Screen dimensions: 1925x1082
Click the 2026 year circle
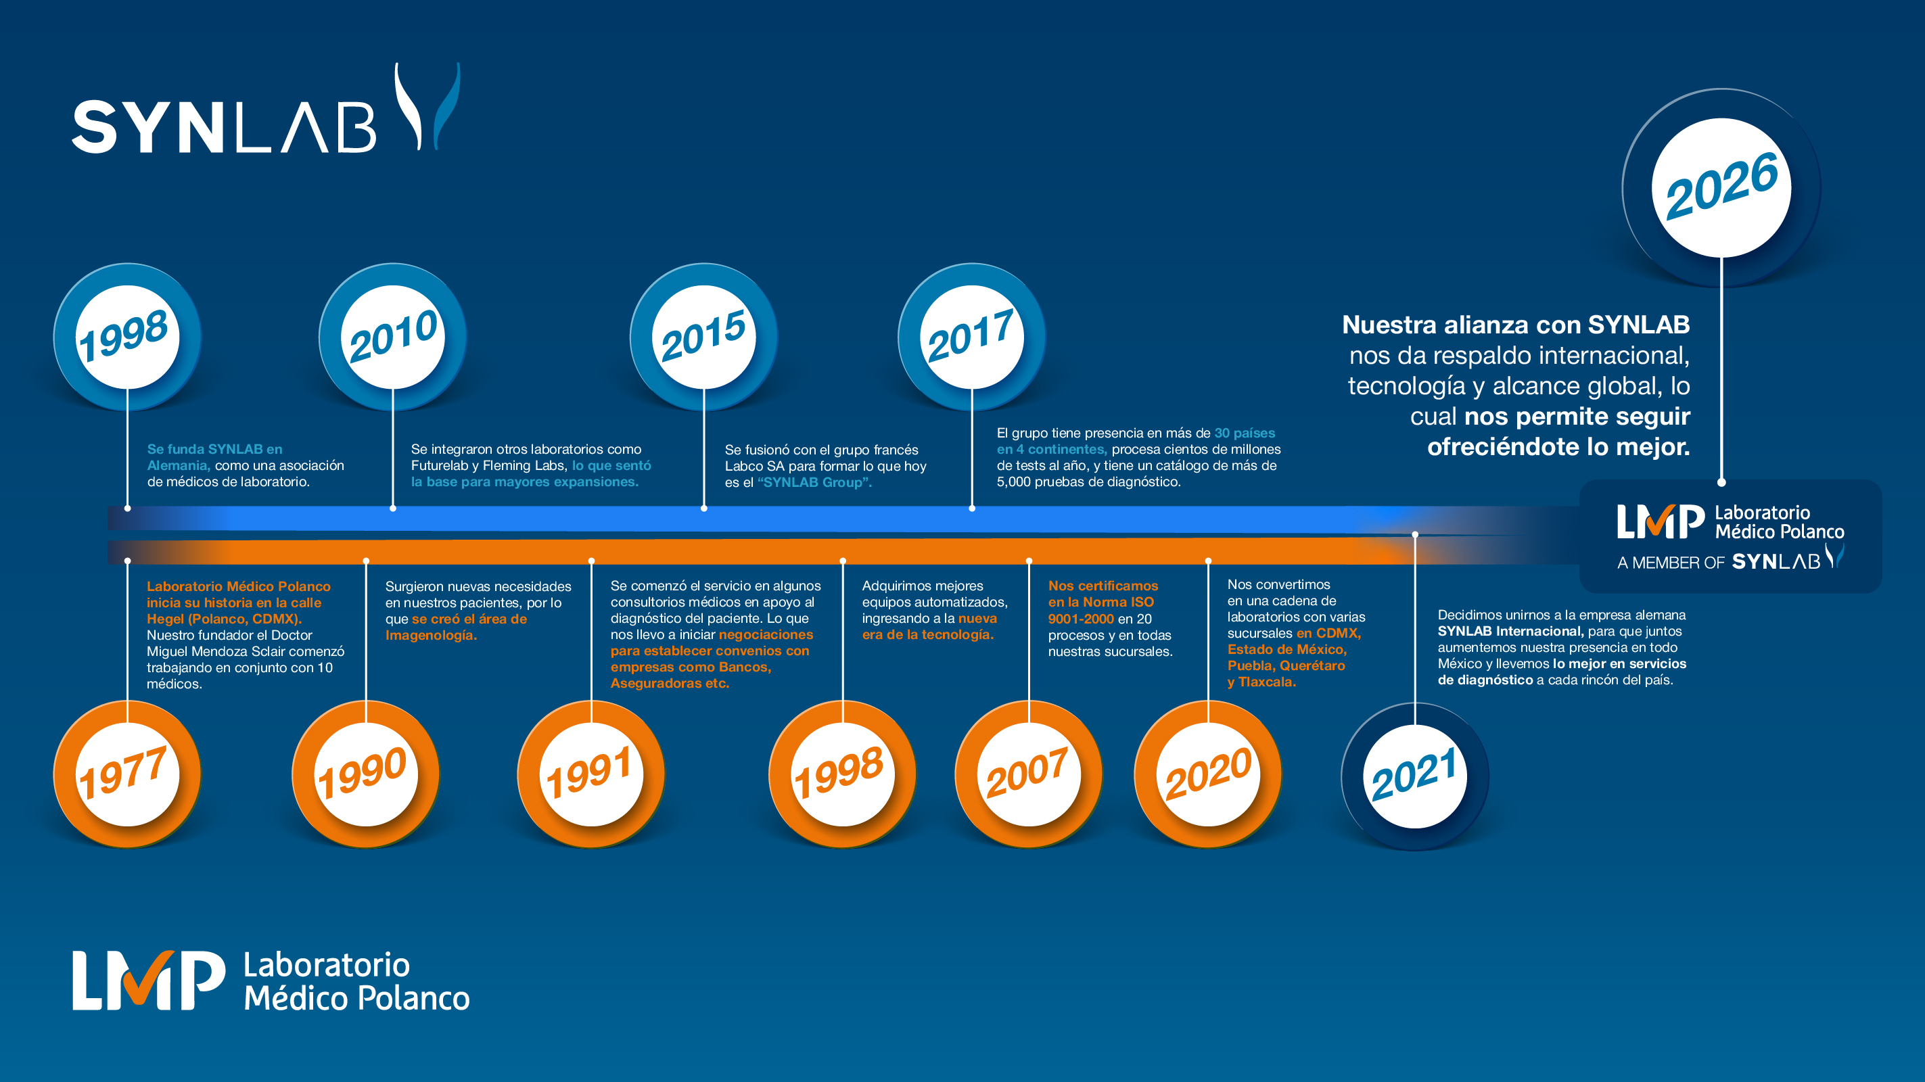(x=1721, y=187)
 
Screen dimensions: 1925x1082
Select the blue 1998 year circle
(x=127, y=337)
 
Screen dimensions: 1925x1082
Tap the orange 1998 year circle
(x=842, y=774)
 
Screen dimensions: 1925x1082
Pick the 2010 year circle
(x=392, y=337)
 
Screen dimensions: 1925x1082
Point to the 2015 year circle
(x=703, y=337)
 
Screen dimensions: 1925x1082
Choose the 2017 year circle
(x=971, y=337)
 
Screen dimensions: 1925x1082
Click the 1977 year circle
(x=127, y=774)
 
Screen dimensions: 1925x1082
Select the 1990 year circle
(x=365, y=774)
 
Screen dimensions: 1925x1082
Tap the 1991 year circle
(x=591, y=774)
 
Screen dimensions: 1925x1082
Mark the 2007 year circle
(x=1028, y=774)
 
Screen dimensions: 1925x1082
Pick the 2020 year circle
(x=1207, y=774)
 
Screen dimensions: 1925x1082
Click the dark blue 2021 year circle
(x=1414, y=776)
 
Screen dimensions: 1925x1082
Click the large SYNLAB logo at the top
(x=266, y=109)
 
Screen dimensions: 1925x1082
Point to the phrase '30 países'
(x=1245, y=433)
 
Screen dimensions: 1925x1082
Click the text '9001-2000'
(x=1081, y=619)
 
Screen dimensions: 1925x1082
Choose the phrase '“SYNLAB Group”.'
(x=814, y=482)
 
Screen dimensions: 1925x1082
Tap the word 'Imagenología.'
(x=430, y=635)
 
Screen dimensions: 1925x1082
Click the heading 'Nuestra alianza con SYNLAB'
(x=1516, y=325)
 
